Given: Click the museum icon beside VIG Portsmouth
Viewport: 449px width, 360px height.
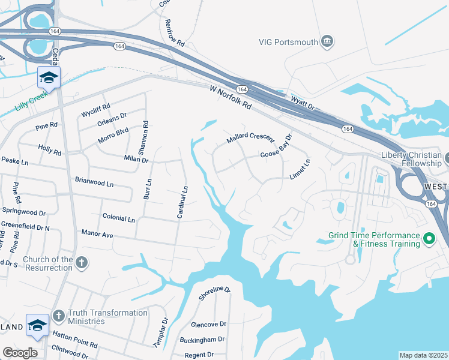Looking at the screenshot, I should point(327,41).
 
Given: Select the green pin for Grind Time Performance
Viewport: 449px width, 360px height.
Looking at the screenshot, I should point(429,239).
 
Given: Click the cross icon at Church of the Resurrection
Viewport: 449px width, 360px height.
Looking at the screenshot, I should point(82,263).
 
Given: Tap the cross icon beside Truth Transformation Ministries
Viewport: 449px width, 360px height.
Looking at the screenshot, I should point(58,316).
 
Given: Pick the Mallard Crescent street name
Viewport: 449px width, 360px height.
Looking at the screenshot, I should point(250,139).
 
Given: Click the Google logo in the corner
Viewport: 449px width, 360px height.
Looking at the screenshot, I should point(20,352).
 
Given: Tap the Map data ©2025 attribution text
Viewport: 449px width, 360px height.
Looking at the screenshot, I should point(423,355).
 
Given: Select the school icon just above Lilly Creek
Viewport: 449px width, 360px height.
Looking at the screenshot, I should point(49,77).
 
